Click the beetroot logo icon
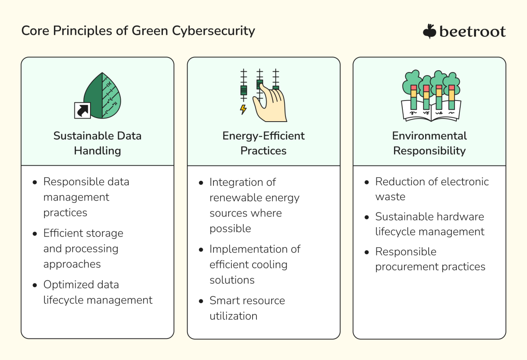tap(429, 31)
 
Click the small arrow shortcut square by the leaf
tap(82, 110)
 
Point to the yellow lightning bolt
tap(243, 109)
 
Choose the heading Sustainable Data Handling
tap(97, 143)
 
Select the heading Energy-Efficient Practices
tap(263, 143)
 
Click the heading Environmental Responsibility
tap(430, 143)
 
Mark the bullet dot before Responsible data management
tap(35, 182)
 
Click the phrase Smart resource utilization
tap(247, 308)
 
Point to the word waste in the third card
tap(390, 197)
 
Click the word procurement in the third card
tap(406, 266)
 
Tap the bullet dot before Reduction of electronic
tap(367, 182)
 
